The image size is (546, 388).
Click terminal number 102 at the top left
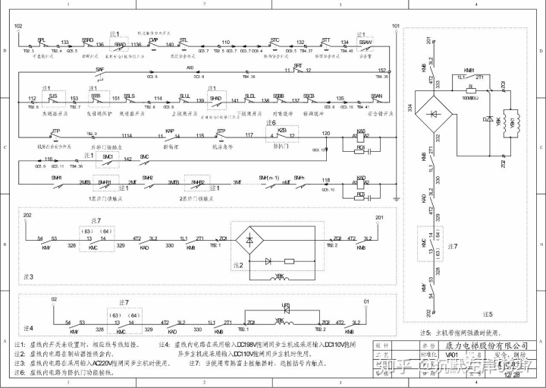[19, 25]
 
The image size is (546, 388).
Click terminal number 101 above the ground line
[395, 25]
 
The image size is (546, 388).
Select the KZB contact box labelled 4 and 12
[282, 134]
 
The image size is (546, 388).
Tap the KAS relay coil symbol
[361, 137]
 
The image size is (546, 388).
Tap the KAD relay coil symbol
[361, 183]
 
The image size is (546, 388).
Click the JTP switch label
[56, 131]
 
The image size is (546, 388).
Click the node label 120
[327, 133]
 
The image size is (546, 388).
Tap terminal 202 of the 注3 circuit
[27, 216]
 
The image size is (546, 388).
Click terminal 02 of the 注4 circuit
[54, 301]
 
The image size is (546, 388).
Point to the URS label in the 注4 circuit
[286, 305]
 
